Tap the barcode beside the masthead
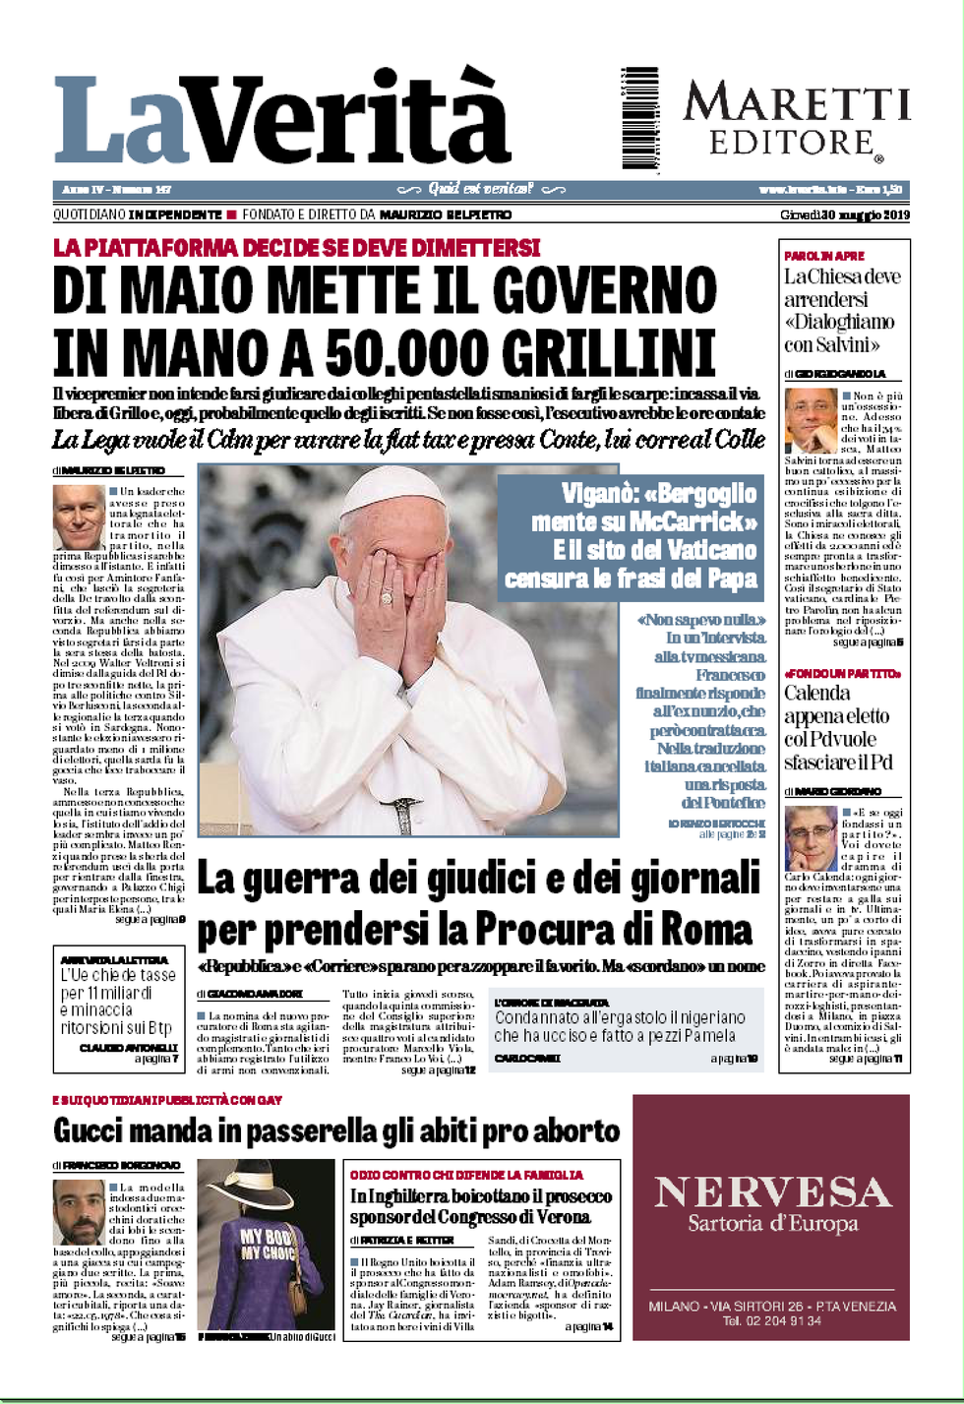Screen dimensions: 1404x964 click(639, 119)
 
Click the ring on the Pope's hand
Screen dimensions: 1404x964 click(387, 595)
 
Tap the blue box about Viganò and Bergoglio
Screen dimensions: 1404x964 click(631, 536)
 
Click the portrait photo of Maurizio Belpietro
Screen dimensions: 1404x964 click(79, 517)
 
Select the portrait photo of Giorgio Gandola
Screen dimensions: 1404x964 click(811, 420)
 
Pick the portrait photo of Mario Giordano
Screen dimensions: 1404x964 click(811, 838)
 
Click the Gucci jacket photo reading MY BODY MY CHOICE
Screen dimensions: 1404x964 click(266, 1244)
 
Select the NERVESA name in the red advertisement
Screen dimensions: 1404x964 click(772, 1192)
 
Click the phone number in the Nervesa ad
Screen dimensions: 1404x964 click(772, 1320)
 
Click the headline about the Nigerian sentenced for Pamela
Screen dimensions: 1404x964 click(620, 1026)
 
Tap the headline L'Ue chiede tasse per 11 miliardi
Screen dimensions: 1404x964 click(118, 1001)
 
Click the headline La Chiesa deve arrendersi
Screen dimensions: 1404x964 click(841, 310)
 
